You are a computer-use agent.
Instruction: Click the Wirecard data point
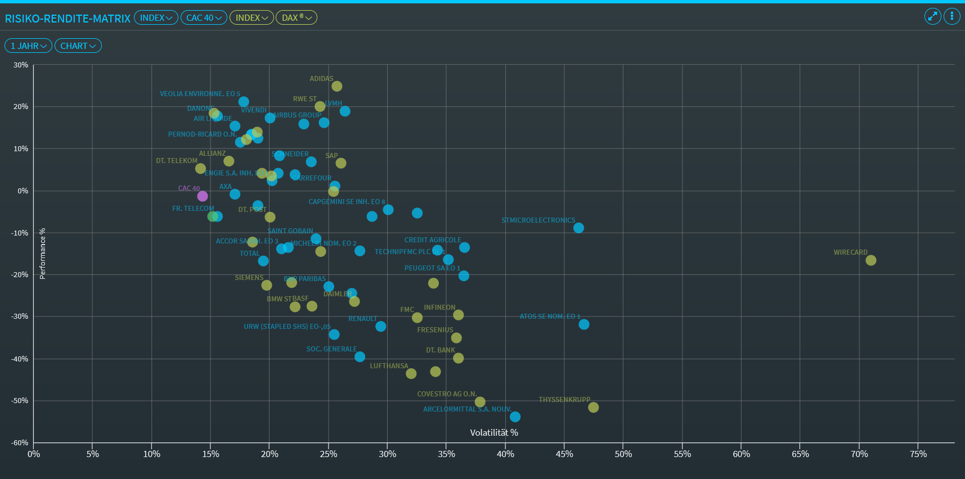coord(870,260)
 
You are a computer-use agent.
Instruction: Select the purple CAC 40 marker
coord(203,196)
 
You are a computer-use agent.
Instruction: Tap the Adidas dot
coord(336,86)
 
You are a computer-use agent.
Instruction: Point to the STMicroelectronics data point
coord(578,228)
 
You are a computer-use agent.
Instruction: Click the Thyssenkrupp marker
coord(593,407)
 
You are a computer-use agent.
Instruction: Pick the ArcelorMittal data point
coord(515,417)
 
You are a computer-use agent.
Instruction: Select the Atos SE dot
coord(584,324)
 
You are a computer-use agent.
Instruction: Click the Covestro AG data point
coord(480,402)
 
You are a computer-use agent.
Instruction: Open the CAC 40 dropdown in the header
coord(204,18)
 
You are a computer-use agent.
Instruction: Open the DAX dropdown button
coord(297,18)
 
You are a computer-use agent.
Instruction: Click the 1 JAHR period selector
coord(28,46)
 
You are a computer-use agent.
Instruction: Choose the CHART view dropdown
coord(78,46)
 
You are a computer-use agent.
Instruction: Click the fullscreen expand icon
coord(932,16)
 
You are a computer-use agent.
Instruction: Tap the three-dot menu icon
coord(951,16)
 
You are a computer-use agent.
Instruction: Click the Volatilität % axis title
coord(494,432)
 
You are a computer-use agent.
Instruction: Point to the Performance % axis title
coord(42,254)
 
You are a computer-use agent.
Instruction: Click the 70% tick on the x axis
coord(859,454)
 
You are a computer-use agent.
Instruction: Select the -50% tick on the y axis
coord(20,401)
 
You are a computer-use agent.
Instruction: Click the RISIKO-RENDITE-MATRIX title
coord(68,19)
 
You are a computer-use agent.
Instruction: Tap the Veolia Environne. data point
coord(244,102)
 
